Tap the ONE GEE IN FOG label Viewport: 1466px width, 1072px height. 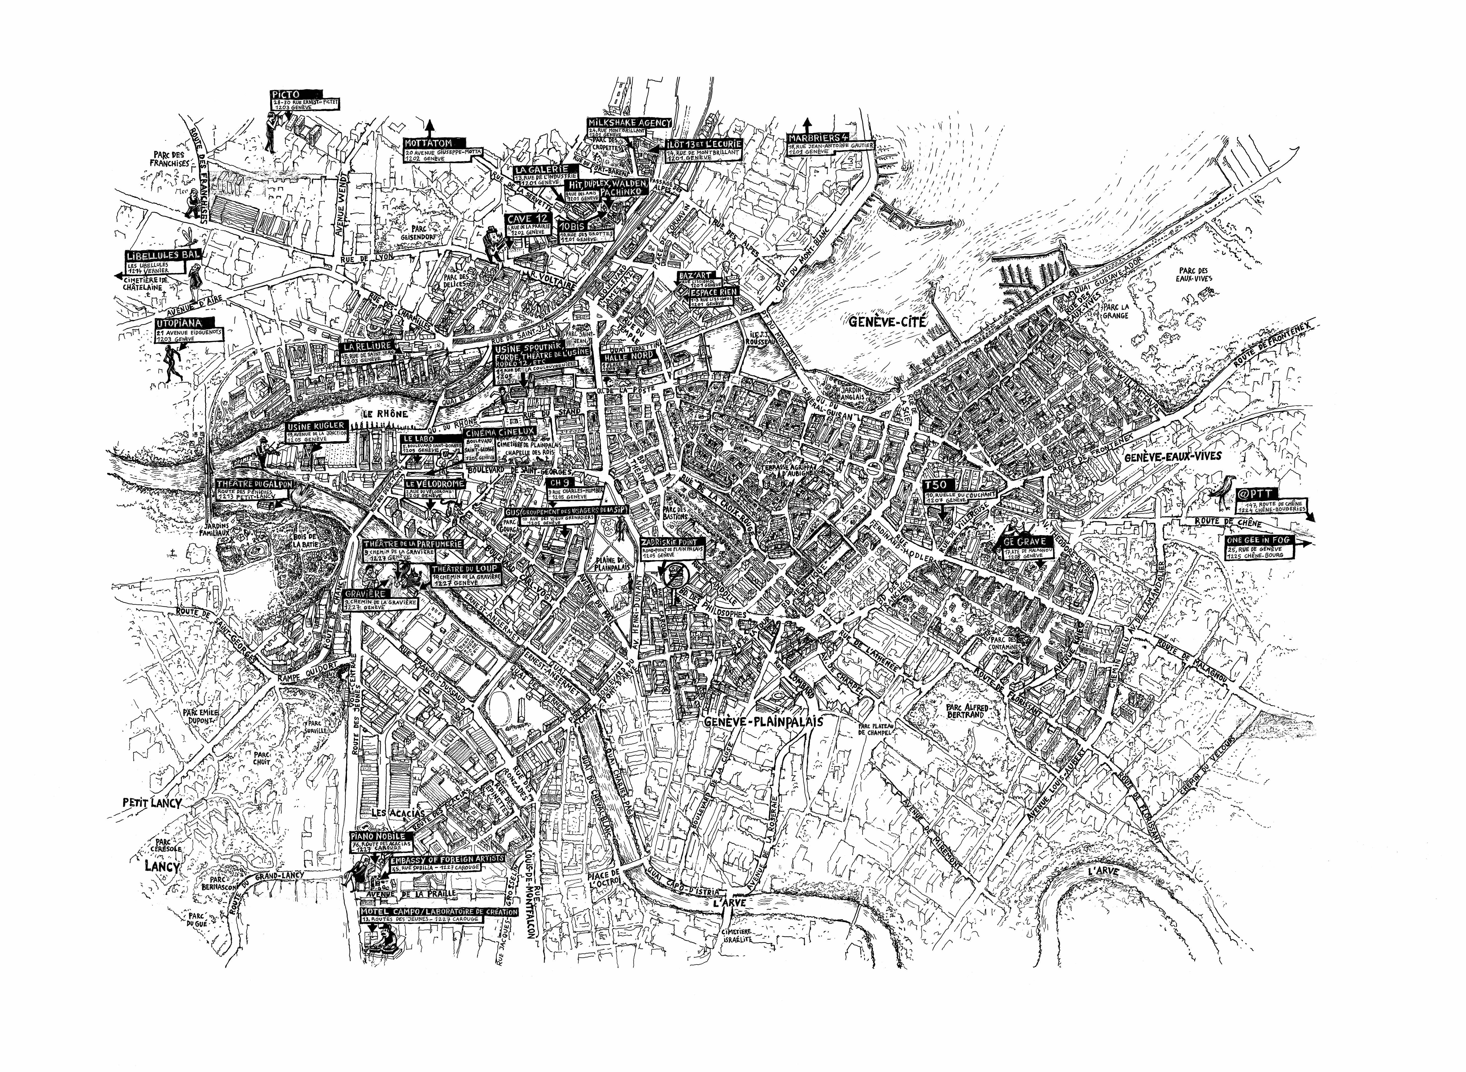point(1258,540)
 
